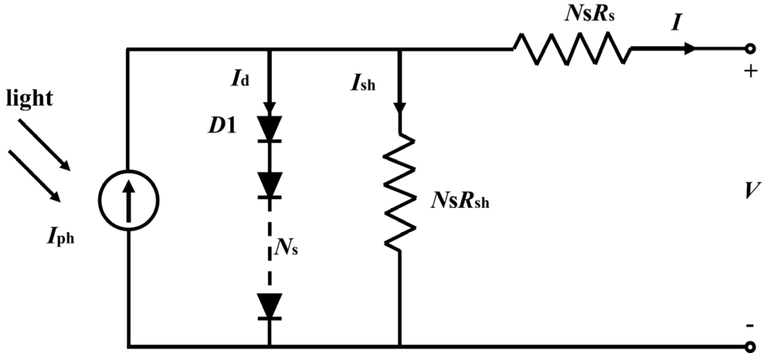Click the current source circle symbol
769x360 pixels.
click(128, 200)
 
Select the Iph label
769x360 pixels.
click(60, 237)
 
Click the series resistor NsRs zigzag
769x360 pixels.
click(572, 49)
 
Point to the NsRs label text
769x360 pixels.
click(589, 15)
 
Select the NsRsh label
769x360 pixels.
click(460, 201)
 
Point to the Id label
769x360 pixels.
click(240, 79)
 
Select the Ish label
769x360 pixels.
click(362, 83)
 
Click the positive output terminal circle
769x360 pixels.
click(750, 49)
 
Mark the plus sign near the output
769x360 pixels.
click(750, 71)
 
